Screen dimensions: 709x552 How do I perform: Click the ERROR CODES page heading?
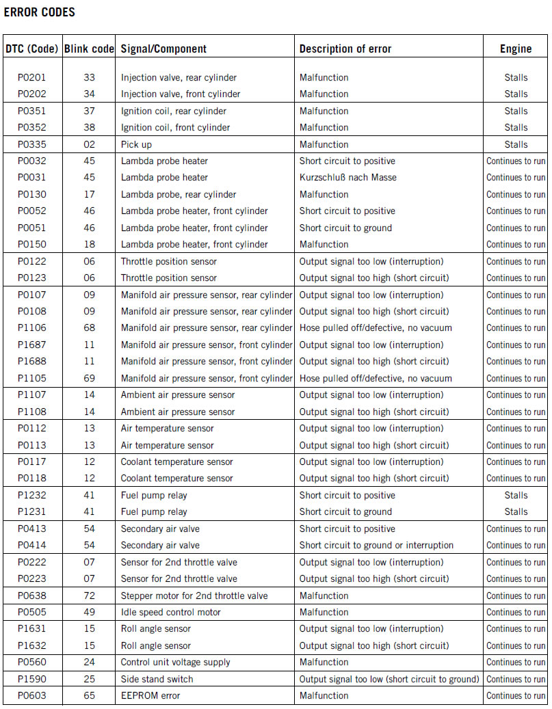point(40,12)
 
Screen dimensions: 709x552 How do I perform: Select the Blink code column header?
point(89,49)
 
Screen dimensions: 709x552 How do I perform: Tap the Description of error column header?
point(345,49)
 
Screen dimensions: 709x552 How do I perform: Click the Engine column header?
point(516,49)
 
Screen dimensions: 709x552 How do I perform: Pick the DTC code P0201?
point(31,77)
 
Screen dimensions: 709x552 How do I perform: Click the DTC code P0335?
point(31,144)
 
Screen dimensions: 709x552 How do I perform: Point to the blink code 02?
point(89,144)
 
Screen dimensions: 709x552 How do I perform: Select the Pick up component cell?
point(137,144)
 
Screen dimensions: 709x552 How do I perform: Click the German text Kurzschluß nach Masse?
point(348,178)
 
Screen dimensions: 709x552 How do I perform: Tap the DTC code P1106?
point(31,328)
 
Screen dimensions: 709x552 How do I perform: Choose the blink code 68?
point(89,328)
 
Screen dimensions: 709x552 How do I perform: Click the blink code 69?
point(89,378)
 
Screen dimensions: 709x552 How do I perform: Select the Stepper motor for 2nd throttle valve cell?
point(194,596)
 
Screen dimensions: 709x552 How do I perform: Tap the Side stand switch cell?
point(157,679)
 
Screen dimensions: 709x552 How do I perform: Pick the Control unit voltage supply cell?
point(176,662)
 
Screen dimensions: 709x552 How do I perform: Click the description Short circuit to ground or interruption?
point(376,546)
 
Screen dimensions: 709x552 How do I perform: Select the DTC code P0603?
point(31,695)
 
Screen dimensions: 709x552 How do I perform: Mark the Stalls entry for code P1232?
point(516,495)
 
